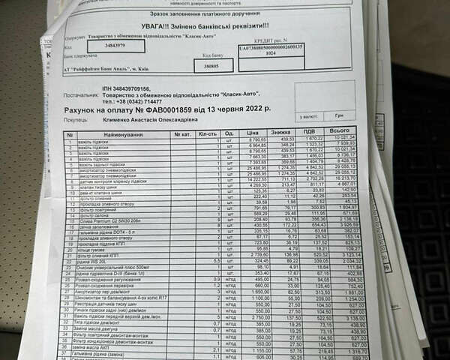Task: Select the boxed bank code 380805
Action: click(x=217, y=65)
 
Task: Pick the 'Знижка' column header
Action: click(x=283, y=132)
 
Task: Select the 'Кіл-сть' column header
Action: click(x=206, y=133)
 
